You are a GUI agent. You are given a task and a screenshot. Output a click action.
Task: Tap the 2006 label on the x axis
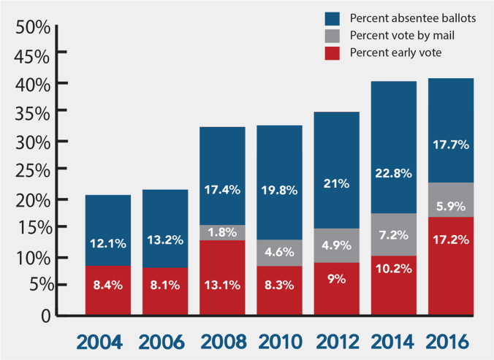coord(164,341)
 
